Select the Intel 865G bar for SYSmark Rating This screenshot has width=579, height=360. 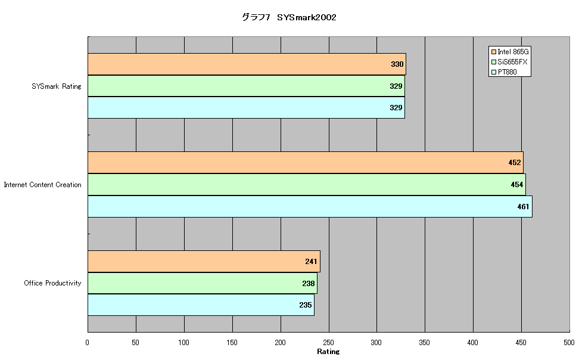pos(247,64)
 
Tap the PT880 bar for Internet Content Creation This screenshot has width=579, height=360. pos(310,207)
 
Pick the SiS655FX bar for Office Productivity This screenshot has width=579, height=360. pos(203,283)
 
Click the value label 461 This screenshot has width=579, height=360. pos(523,207)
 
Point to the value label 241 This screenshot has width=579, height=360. pos(311,261)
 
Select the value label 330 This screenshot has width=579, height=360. pos(397,64)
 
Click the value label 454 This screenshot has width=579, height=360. pos(516,184)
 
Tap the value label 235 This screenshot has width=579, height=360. pos(306,305)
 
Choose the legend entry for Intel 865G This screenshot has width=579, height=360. pos(510,52)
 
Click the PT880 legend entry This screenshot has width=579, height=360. pos(504,72)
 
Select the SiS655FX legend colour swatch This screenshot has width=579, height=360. pos(494,62)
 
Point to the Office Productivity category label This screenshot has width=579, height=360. pos(52,283)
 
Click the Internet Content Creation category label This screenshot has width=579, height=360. pos(42,185)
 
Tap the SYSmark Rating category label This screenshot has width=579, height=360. pos(56,86)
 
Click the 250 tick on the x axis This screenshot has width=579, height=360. pos(328,343)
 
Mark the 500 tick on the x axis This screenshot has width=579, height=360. pos(569,343)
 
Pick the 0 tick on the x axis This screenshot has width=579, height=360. pos(87,343)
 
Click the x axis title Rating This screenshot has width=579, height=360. pos(328,352)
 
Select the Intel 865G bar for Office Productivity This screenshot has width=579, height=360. pos(204,261)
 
